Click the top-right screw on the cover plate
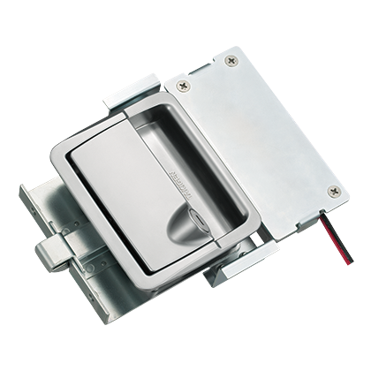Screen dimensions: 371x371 click(x=232, y=61)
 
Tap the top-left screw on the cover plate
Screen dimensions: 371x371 click(x=182, y=86)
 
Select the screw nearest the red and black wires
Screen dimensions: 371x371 click(x=334, y=191)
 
